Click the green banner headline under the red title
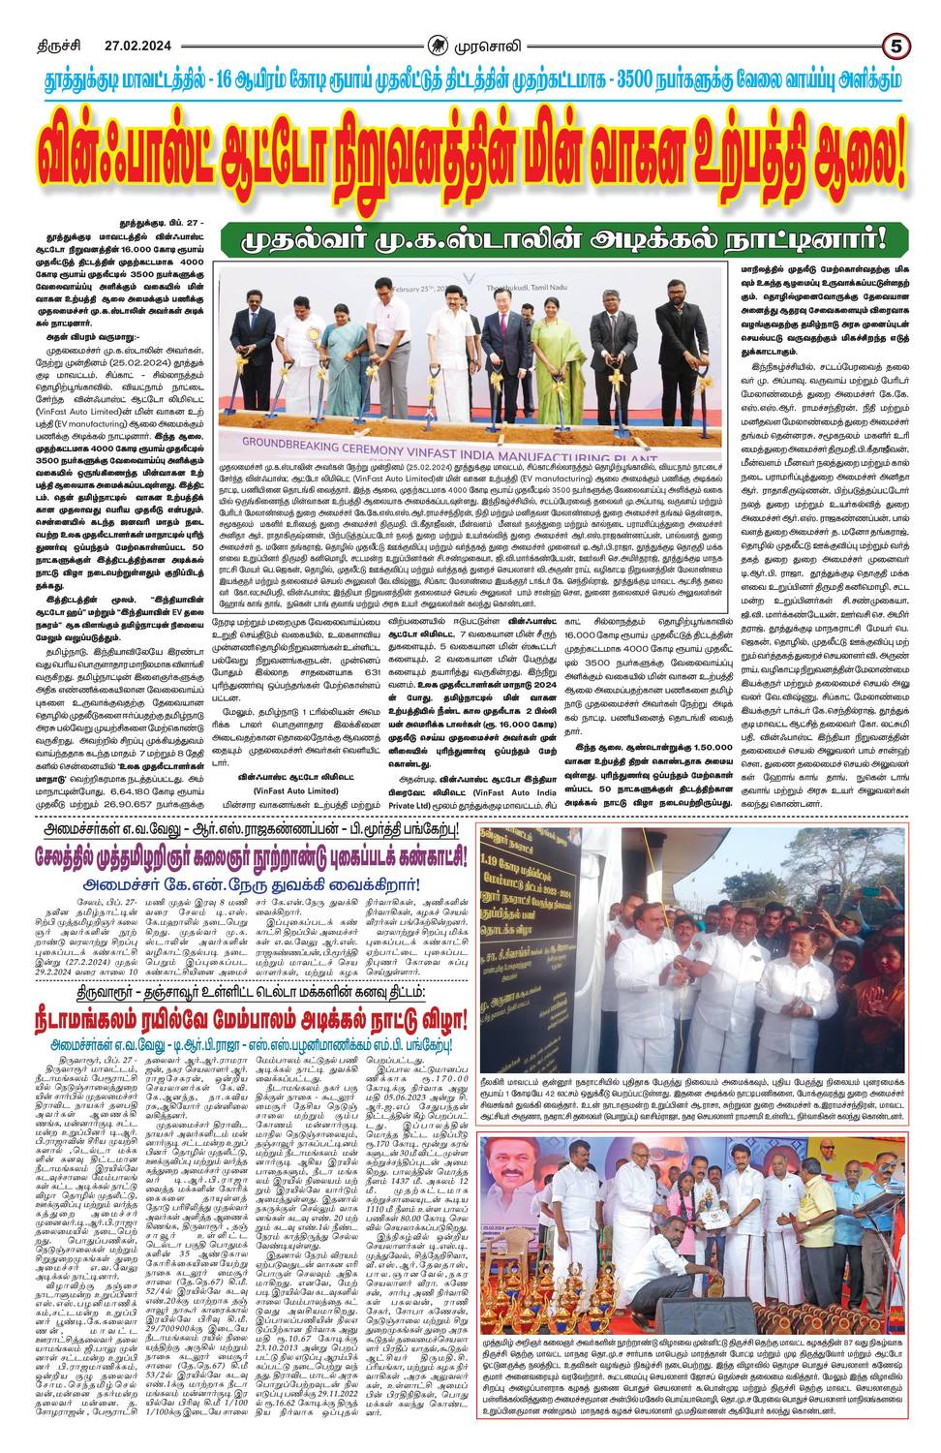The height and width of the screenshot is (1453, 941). [564, 235]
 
